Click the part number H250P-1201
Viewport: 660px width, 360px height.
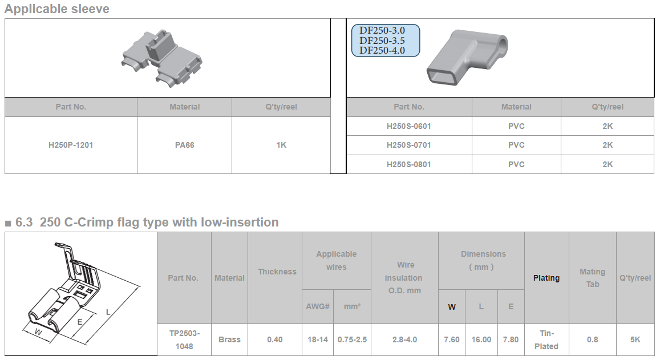pos(71,145)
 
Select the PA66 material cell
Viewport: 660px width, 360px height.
pos(184,145)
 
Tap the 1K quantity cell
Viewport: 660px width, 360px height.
pos(281,145)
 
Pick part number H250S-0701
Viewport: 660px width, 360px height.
pos(408,145)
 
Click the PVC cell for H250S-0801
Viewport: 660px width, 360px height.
pos(516,164)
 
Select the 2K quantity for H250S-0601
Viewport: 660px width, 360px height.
pos(608,126)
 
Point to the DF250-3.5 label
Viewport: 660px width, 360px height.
pos(382,41)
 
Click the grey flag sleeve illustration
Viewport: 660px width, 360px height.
pos(467,57)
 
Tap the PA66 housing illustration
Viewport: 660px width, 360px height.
pos(162,58)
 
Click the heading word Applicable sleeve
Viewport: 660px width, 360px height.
pos(57,9)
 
